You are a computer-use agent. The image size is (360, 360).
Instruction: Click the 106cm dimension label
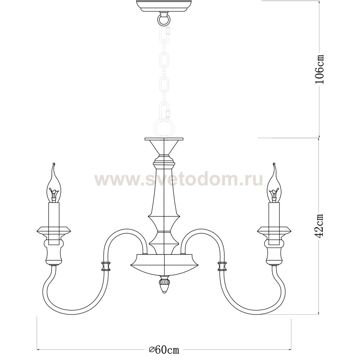(319, 69)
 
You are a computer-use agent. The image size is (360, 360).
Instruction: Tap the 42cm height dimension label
(319, 226)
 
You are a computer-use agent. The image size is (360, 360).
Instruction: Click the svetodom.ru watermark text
(179, 180)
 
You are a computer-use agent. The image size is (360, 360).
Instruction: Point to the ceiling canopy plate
(164, 6)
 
